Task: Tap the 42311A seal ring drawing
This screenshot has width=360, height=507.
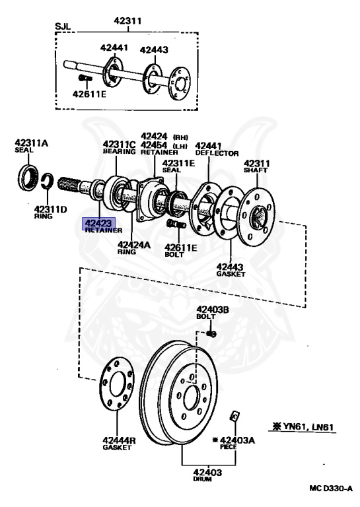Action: [27, 178]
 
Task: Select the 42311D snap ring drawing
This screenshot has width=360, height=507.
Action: [49, 182]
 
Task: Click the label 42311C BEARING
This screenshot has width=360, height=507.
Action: [119, 148]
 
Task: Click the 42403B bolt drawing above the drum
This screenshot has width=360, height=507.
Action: [211, 333]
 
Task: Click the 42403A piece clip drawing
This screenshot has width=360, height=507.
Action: [234, 417]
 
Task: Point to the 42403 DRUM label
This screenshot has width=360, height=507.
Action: [207, 475]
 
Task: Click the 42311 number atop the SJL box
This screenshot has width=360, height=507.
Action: [127, 21]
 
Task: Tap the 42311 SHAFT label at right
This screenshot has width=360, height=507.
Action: [258, 166]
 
